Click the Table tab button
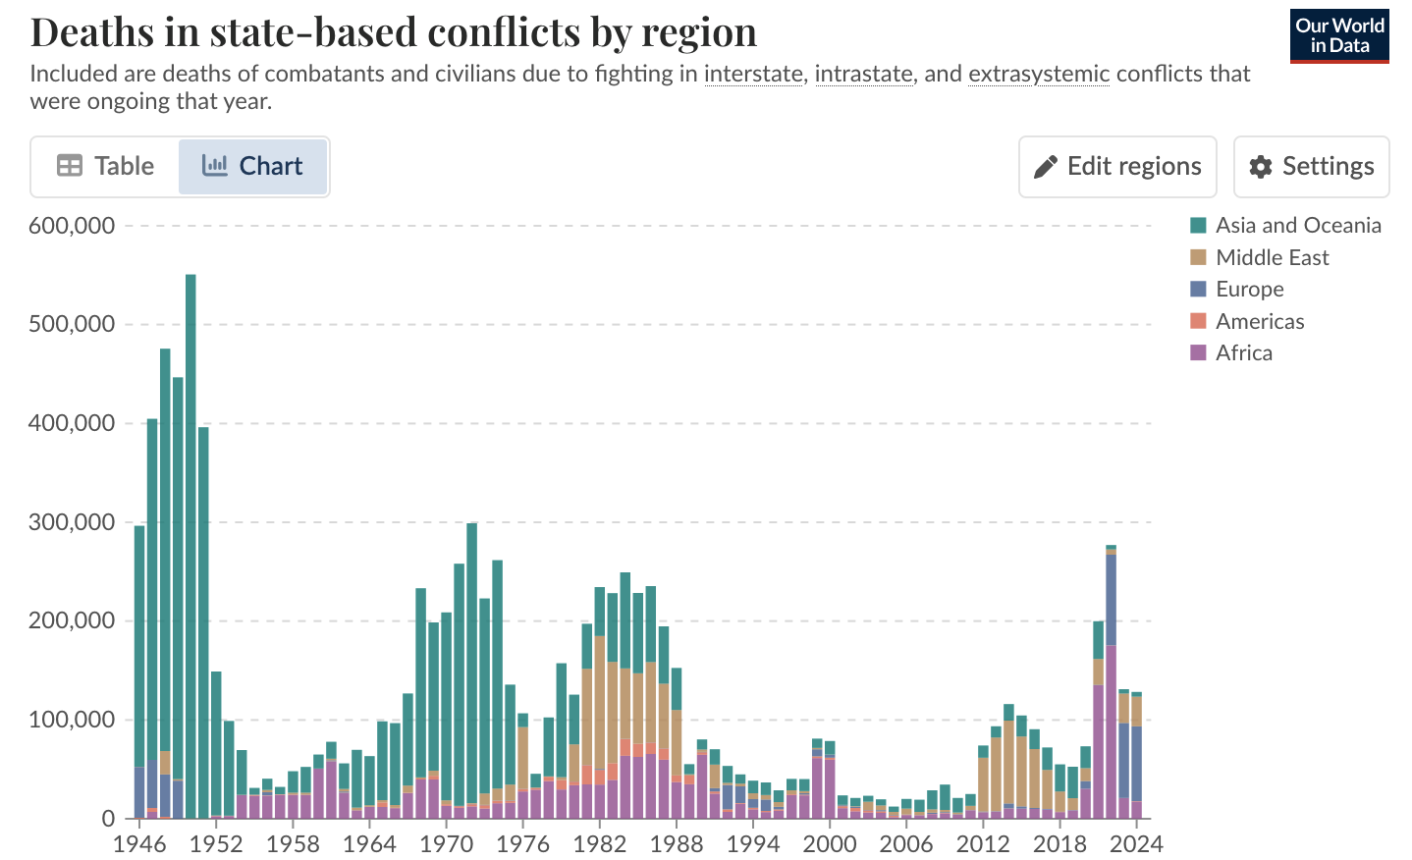(106, 167)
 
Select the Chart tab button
(252, 167)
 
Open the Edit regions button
(1117, 167)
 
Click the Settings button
(1311, 167)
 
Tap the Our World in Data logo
(1339, 36)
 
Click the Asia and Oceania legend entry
(1296, 226)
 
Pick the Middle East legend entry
(1272, 257)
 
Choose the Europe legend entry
(1249, 290)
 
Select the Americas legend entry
(1259, 321)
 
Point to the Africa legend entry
(1243, 353)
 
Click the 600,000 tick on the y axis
(72, 226)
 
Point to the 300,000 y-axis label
(72, 522)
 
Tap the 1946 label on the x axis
(138, 844)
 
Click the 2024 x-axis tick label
(1136, 844)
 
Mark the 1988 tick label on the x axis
(676, 844)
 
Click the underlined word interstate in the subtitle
(753, 75)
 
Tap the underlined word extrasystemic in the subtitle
(1038, 75)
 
